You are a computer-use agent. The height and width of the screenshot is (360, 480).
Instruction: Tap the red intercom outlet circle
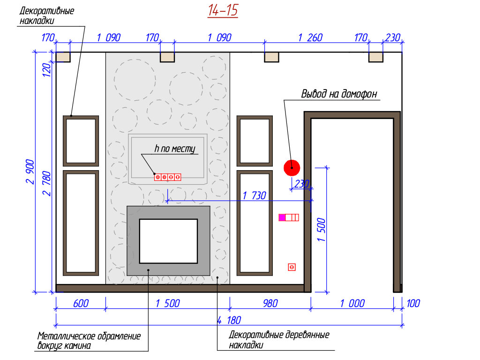292,167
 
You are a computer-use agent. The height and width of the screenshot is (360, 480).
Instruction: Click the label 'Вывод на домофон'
339,94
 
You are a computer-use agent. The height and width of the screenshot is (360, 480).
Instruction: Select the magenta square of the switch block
282,217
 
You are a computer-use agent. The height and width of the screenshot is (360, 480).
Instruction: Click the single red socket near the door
292,267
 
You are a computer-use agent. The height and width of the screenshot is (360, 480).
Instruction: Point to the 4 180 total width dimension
229,321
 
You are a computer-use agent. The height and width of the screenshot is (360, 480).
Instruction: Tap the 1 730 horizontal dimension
254,195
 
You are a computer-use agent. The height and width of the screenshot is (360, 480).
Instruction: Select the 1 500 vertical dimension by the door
322,229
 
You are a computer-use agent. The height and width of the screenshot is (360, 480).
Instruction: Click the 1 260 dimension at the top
310,38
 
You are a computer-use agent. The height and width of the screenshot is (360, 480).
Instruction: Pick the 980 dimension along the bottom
267,304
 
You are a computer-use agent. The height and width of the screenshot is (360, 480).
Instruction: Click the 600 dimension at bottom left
81,304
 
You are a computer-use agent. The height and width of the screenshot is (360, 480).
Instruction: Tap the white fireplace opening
168,241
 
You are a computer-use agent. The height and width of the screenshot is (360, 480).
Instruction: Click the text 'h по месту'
174,149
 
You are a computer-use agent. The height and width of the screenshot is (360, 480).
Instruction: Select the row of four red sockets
168,177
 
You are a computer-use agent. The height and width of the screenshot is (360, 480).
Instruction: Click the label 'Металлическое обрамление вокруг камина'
89,341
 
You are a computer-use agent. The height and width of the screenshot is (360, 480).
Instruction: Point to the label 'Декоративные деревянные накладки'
279,340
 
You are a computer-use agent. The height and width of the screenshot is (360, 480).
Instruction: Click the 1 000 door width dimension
352,304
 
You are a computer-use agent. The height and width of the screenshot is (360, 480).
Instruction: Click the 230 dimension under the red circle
302,184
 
